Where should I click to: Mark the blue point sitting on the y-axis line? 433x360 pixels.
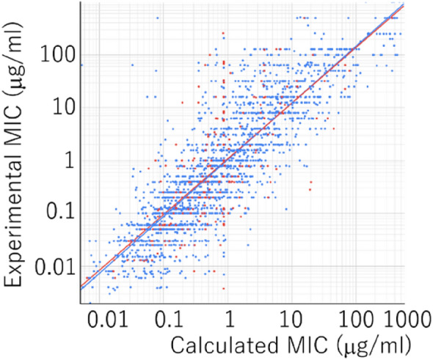pos(81,65)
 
